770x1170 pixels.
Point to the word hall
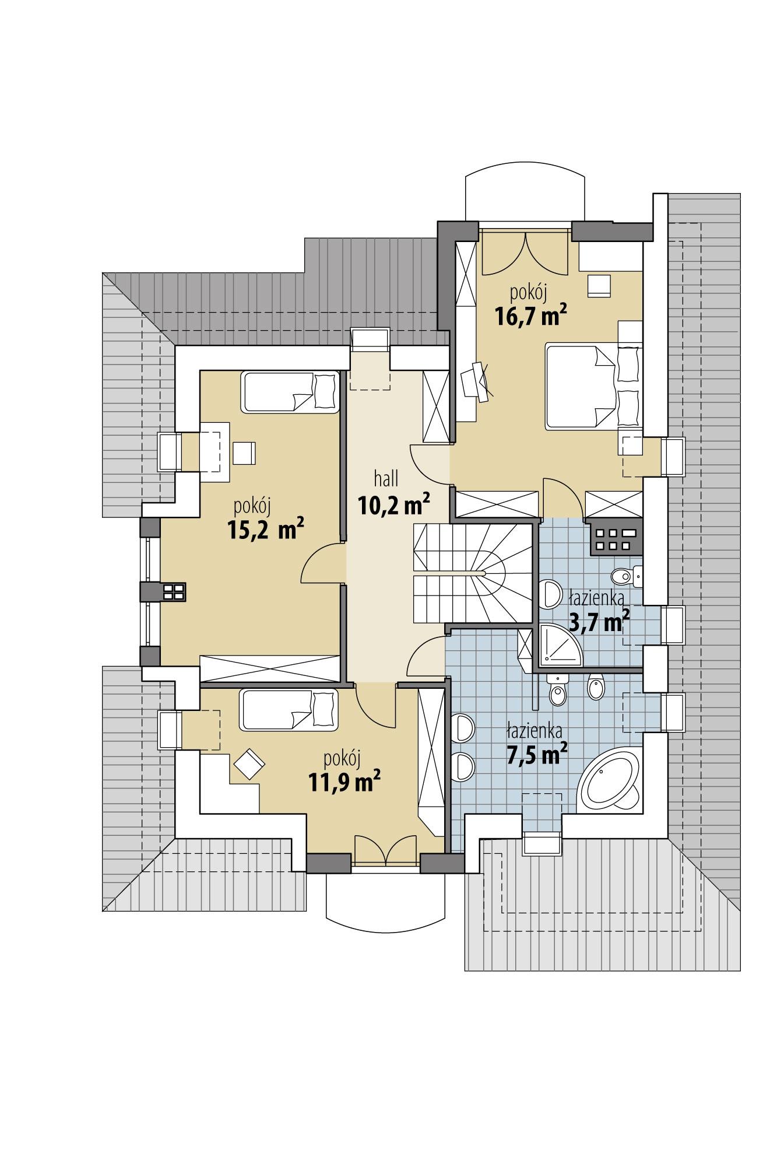[386, 479]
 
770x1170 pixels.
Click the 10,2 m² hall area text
[394, 504]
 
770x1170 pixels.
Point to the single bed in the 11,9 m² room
[289, 709]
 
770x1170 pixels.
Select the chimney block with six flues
[616, 537]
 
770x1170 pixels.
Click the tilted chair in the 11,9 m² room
[249, 763]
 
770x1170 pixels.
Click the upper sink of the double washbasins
[464, 728]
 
